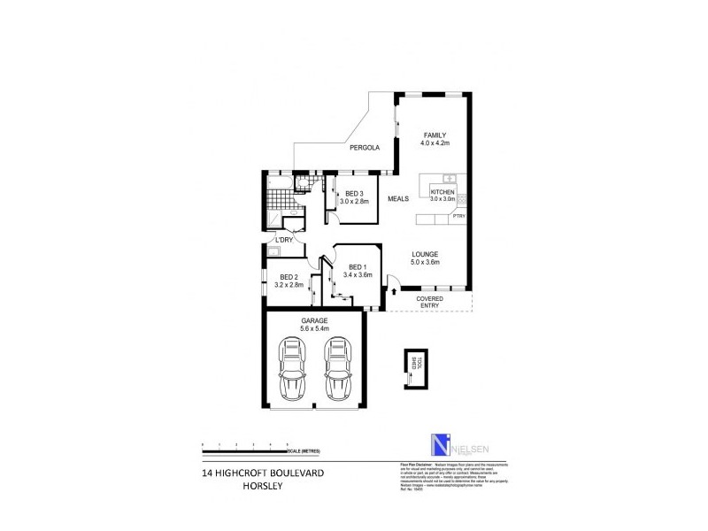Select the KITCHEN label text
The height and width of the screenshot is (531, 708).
point(442,192)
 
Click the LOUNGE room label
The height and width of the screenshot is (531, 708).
point(425,254)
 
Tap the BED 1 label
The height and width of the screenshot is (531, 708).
point(357,267)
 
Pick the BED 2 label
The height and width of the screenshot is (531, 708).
point(289,277)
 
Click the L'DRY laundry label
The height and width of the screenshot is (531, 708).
point(284,240)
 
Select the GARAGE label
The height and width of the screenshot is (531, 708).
point(314,319)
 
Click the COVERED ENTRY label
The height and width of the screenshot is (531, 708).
point(430,303)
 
